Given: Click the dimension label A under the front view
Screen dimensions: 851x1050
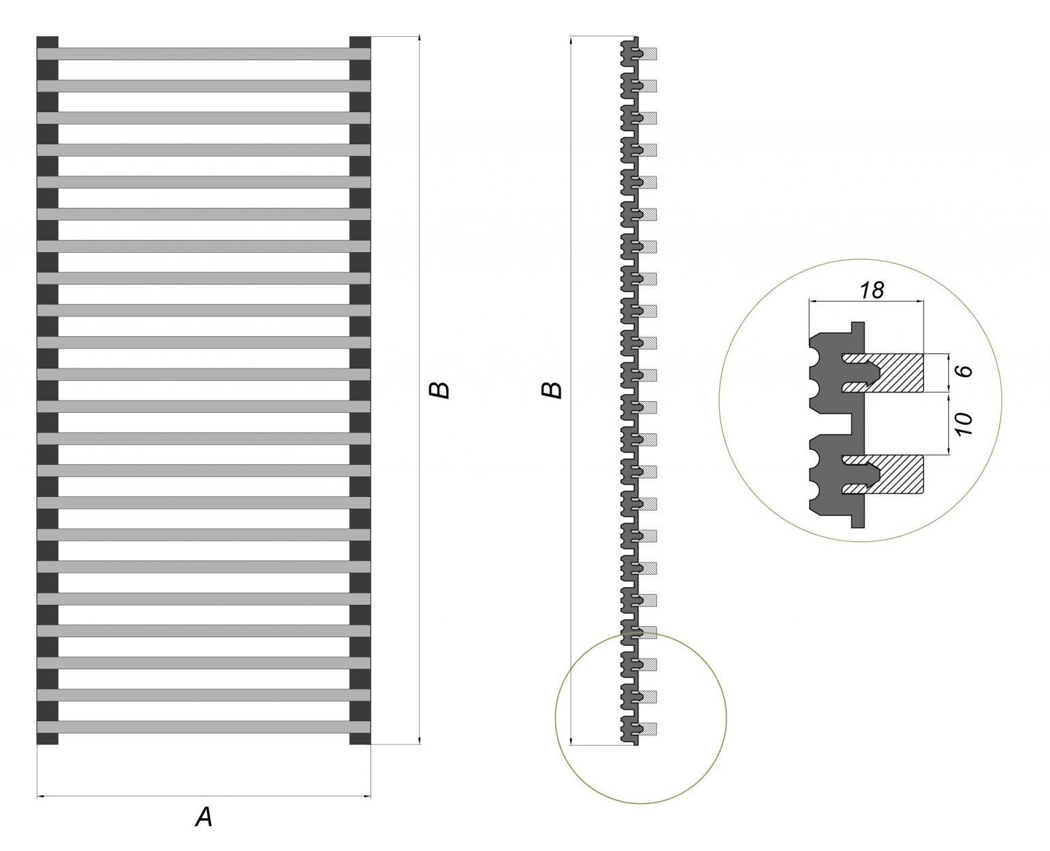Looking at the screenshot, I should click(x=204, y=817).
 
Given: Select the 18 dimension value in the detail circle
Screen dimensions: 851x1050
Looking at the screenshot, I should click(x=872, y=290).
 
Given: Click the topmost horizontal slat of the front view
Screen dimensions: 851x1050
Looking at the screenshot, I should click(x=204, y=53).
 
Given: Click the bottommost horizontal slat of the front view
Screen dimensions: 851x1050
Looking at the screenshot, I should click(x=204, y=727).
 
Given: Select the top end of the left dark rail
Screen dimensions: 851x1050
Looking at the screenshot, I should click(x=47, y=41).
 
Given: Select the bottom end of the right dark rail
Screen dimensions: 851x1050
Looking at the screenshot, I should click(x=360, y=739).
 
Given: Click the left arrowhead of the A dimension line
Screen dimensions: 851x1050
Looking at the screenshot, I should click(x=40, y=796).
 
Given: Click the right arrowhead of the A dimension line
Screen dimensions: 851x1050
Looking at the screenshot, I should click(x=368, y=796).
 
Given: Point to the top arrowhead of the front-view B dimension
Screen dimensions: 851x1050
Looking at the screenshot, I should click(x=420, y=40).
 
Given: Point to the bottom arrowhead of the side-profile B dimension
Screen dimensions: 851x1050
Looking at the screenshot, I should click(x=570, y=741).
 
